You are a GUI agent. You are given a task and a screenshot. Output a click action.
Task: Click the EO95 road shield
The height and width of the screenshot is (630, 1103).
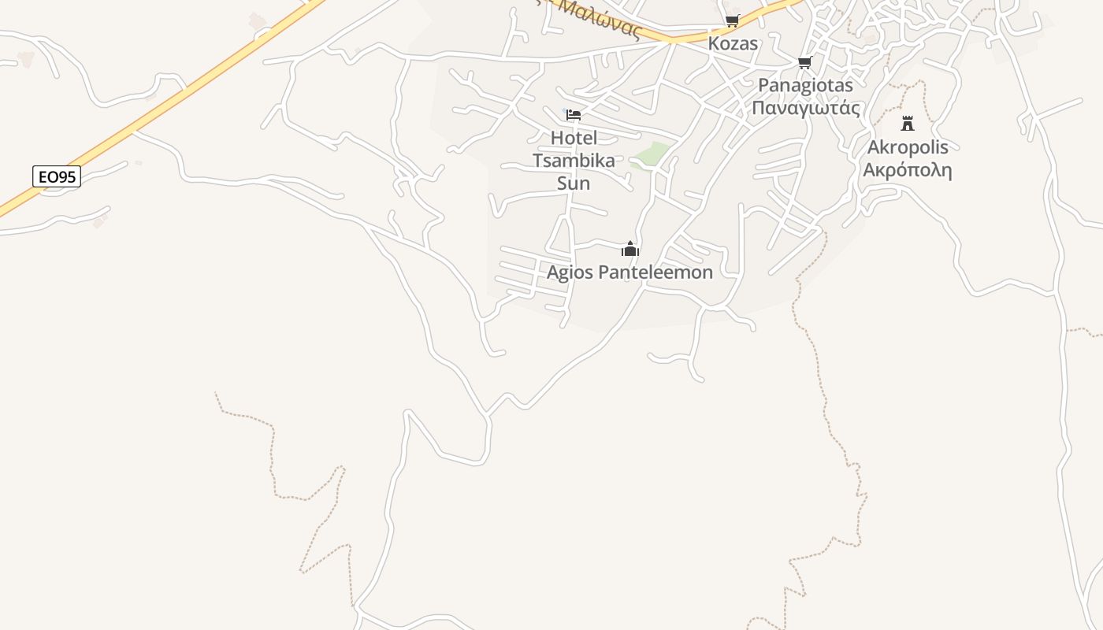[57, 176]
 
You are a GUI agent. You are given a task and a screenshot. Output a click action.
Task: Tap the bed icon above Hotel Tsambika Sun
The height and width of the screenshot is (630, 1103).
[574, 115]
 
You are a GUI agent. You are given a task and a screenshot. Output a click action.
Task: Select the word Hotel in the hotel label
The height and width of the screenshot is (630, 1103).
[574, 138]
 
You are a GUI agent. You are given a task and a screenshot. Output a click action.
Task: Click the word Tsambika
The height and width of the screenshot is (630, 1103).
[574, 161]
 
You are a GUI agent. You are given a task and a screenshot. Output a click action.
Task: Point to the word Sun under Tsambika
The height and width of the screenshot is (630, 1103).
[574, 183]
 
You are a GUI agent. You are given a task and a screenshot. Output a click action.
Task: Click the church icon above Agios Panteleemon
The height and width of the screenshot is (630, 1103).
[630, 250]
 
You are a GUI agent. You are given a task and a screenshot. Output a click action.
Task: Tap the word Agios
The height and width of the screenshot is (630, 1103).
[570, 272]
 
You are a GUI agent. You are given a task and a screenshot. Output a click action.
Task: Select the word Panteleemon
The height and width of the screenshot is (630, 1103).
[655, 272]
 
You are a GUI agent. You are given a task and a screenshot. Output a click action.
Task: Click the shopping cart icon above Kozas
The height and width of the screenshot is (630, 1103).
[733, 21]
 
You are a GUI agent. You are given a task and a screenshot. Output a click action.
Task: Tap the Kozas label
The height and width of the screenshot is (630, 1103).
[733, 43]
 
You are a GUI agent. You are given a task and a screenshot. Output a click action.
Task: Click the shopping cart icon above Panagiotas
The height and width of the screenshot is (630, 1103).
[804, 63]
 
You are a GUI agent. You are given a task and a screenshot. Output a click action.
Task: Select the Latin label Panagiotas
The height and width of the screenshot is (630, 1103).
[805, 85]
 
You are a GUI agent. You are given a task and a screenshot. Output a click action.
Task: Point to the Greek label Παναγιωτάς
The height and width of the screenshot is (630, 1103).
[805, 108]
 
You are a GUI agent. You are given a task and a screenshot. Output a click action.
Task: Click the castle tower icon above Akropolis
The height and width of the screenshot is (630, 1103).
[908, 124]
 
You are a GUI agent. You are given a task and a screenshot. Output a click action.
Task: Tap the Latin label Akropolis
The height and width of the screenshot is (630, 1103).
[908, 147]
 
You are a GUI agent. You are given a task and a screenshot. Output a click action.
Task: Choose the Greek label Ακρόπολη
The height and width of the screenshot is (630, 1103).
[908, 170]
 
